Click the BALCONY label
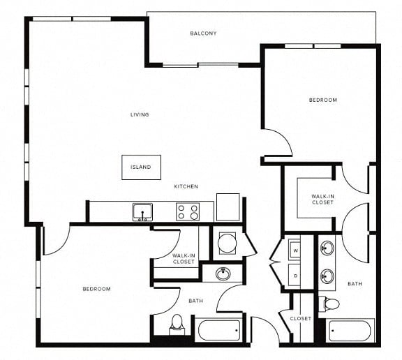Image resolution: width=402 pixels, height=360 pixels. click(203, 33)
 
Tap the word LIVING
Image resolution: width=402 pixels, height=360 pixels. click(140, 114)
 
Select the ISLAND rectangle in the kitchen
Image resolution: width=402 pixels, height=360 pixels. click(141, 167)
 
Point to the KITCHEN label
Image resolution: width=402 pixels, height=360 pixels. click(186, 186)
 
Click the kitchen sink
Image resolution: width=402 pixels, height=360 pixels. click(142, 212)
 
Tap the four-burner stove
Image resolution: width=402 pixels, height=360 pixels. click(188, 211)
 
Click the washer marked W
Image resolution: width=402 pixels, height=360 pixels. click(295, 250)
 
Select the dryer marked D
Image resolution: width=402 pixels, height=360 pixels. click(295, 276)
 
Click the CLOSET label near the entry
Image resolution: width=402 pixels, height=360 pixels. click(301, 319)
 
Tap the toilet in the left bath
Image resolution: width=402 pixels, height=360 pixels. click(177, 324)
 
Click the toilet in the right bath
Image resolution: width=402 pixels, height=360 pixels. click(331, 303)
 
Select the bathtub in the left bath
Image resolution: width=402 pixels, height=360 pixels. click(219, 330)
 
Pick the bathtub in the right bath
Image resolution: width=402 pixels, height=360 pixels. click(350, 331)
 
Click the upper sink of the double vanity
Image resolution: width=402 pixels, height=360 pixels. click(327, 248)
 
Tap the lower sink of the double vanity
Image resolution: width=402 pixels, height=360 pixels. click(327, 276)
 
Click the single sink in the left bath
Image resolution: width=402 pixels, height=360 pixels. click(223, 273)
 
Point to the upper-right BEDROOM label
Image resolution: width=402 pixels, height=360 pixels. click(322, 100)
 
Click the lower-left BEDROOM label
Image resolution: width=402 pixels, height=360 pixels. click(96, 289)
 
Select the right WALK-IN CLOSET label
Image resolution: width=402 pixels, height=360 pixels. click(322, 200)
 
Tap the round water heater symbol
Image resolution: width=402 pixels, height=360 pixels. click(227, 243)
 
